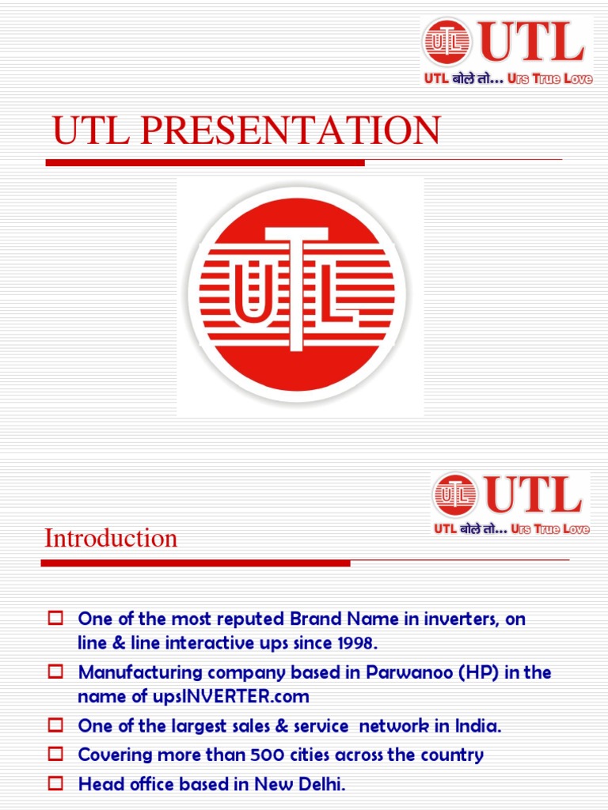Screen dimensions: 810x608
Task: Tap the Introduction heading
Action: click(x=111, y=538)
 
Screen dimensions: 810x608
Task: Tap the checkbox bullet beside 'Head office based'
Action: click(x=55, y=784)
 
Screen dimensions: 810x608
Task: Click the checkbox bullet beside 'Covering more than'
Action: click(x=55, y=755)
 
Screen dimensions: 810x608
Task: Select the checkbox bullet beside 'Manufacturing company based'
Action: click(x=55, y=672)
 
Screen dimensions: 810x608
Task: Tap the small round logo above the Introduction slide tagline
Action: click(x=454, y=495)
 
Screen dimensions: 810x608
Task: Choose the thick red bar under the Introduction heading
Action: click(x=195, y=563)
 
